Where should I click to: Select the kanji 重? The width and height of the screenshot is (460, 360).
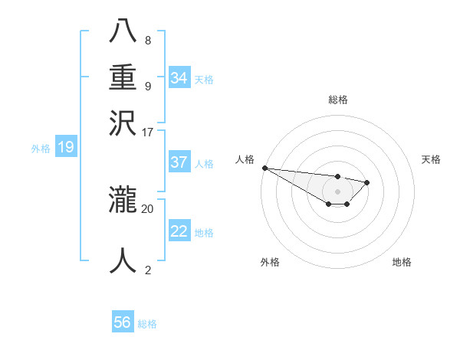click(x=123, y=77)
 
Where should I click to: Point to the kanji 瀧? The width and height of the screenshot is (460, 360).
click(x=123, y=201)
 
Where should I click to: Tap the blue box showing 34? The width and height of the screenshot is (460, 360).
click(x=179, y=78)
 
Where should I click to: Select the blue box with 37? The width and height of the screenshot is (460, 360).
click(x=179, y=162)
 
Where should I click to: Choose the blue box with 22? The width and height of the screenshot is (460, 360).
click(x=179, y=231)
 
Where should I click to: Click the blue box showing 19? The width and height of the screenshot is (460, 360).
click(x=66, y=147)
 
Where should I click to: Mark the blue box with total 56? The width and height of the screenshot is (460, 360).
click(x=123, y=322)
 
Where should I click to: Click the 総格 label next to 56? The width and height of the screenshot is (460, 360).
click(x=147, y=324)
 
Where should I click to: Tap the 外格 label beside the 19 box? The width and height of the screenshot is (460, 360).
click(x=41, y=149)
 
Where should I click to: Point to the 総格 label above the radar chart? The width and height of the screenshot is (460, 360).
click(x=337, y=100)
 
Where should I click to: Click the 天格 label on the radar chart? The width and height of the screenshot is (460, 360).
click(x=431, y=159)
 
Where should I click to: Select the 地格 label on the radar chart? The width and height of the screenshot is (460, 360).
click(x=402, y=262)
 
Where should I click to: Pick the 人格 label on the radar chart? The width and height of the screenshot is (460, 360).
click(x=245, y=159)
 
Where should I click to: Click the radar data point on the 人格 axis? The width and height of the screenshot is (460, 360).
click(x=264, y=168)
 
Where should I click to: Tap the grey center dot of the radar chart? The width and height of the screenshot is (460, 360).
click(x=337, y=191)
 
